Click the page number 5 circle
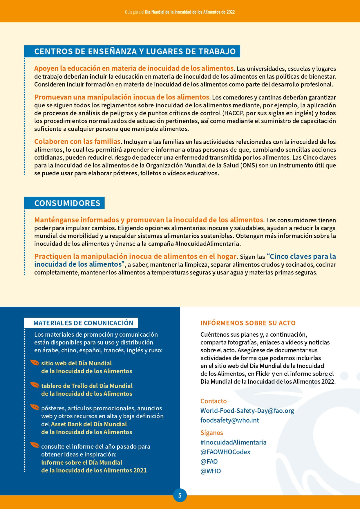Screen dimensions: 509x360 pyautogui.click(x=180, y=495)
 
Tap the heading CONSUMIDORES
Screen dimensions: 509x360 pyautogui.click(x=67, y=203)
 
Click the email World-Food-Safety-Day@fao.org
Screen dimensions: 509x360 pyautogui.click(x=247, y=411)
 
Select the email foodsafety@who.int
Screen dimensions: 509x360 pyautogui.click(x=229, y=420)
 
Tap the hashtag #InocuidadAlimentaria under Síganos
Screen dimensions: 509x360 pyautogui.click(x=233, y=442)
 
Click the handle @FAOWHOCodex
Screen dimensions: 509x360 pyautogui.click(x=225, y=452)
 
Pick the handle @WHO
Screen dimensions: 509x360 pyautogui.click(x=210, y=471)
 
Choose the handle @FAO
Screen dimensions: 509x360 pyautogui.click(x=209, y=461)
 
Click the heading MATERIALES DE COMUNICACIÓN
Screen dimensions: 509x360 pyautogui.click(x=83, y=323)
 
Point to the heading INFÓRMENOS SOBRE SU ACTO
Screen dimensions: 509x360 pyautogui.click(x=248, y=323)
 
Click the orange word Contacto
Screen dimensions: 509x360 pyautogui.click(x=213, y=401)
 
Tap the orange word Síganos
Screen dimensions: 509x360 pyautogui.click(x=211, y=433)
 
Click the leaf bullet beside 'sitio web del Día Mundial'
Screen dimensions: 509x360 pyautogui.click(x=35, y=363)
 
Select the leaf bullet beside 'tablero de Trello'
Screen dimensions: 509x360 pyautogui.click(x=35, y=385)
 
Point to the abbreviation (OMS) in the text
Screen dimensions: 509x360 pyautogui.click(x=249, y=165)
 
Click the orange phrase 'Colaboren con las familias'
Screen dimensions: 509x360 pyautogui.click(x=77, y=142)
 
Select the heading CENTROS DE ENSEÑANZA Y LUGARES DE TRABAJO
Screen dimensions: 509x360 pyautogui.click(x=135, y=51)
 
